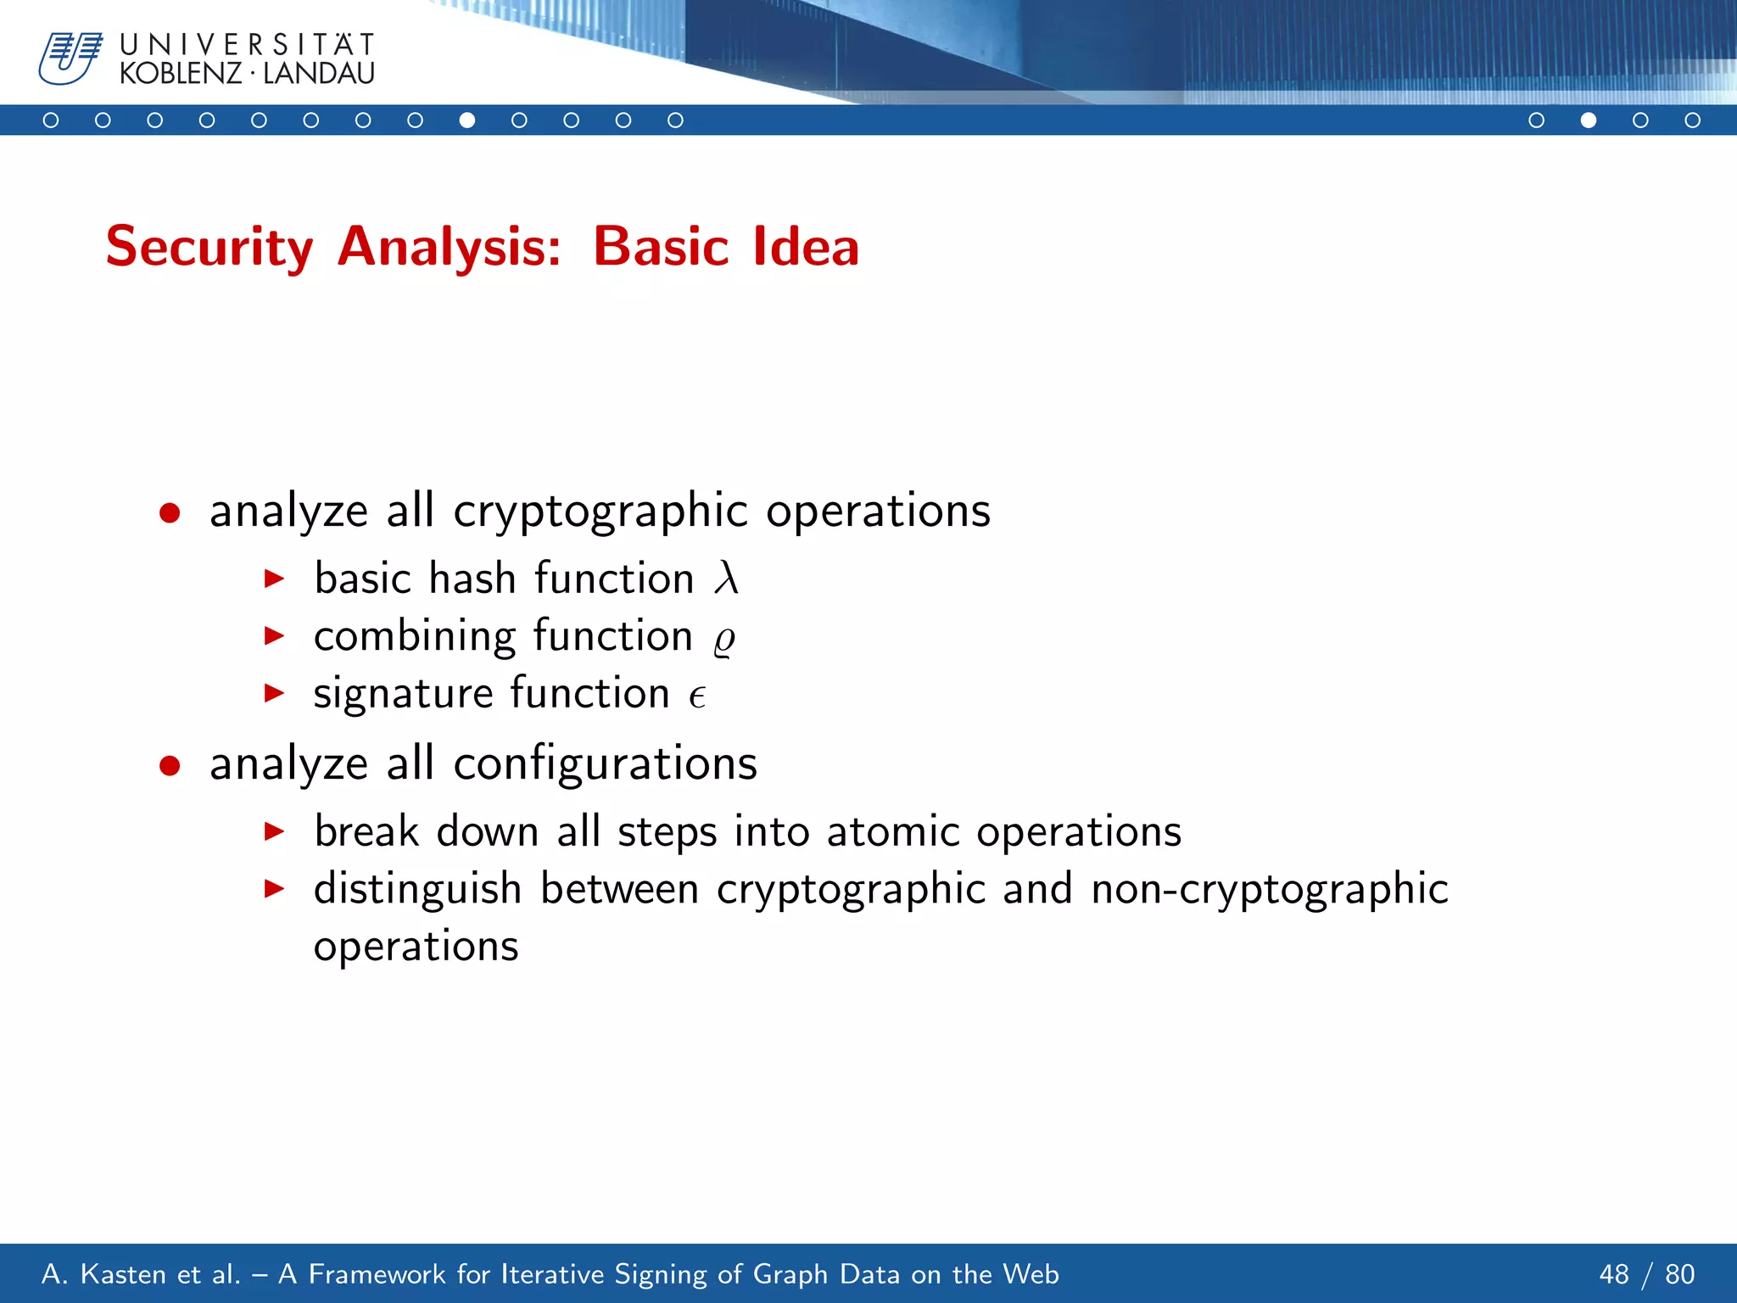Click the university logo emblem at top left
pyautogui.click(x=70, y=58)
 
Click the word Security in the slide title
pyautogui.click(x=209, y=247)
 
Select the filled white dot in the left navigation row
pyautogui.click(x=467, y=120)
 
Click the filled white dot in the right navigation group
pyautogui.click(x=1589, y=120)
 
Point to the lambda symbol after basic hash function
pyautogui.click(x=726, y=579)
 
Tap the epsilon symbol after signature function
pyautogui.click(x=697, y=696)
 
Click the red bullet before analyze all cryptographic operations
pyautogui.click(x=170, y=512)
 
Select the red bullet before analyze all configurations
pyautogui.click(x=170, y=765)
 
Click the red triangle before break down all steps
pyautogui.click(x=274, y=831)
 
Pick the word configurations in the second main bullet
pyautogui.click(x=605, y=763)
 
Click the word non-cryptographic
pyautogui.click(x=1270, y=889)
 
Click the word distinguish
pyautogui.click(x=417, y=889)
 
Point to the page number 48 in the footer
pyautogui.click(x=1614, y=1274)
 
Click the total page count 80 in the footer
pyautogui.click(x=1679, y=1274)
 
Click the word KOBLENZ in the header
pyautogui.click(x=181, y=74)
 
